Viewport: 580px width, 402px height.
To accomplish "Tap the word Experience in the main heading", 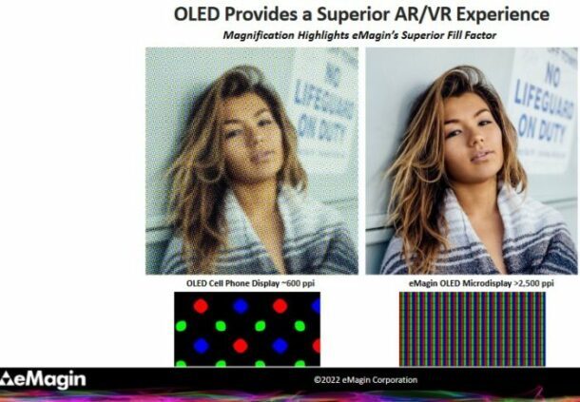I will pos(499,15).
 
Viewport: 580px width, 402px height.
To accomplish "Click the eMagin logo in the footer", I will pos(43,379).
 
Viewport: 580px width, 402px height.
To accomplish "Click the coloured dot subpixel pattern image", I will pos(247,328).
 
